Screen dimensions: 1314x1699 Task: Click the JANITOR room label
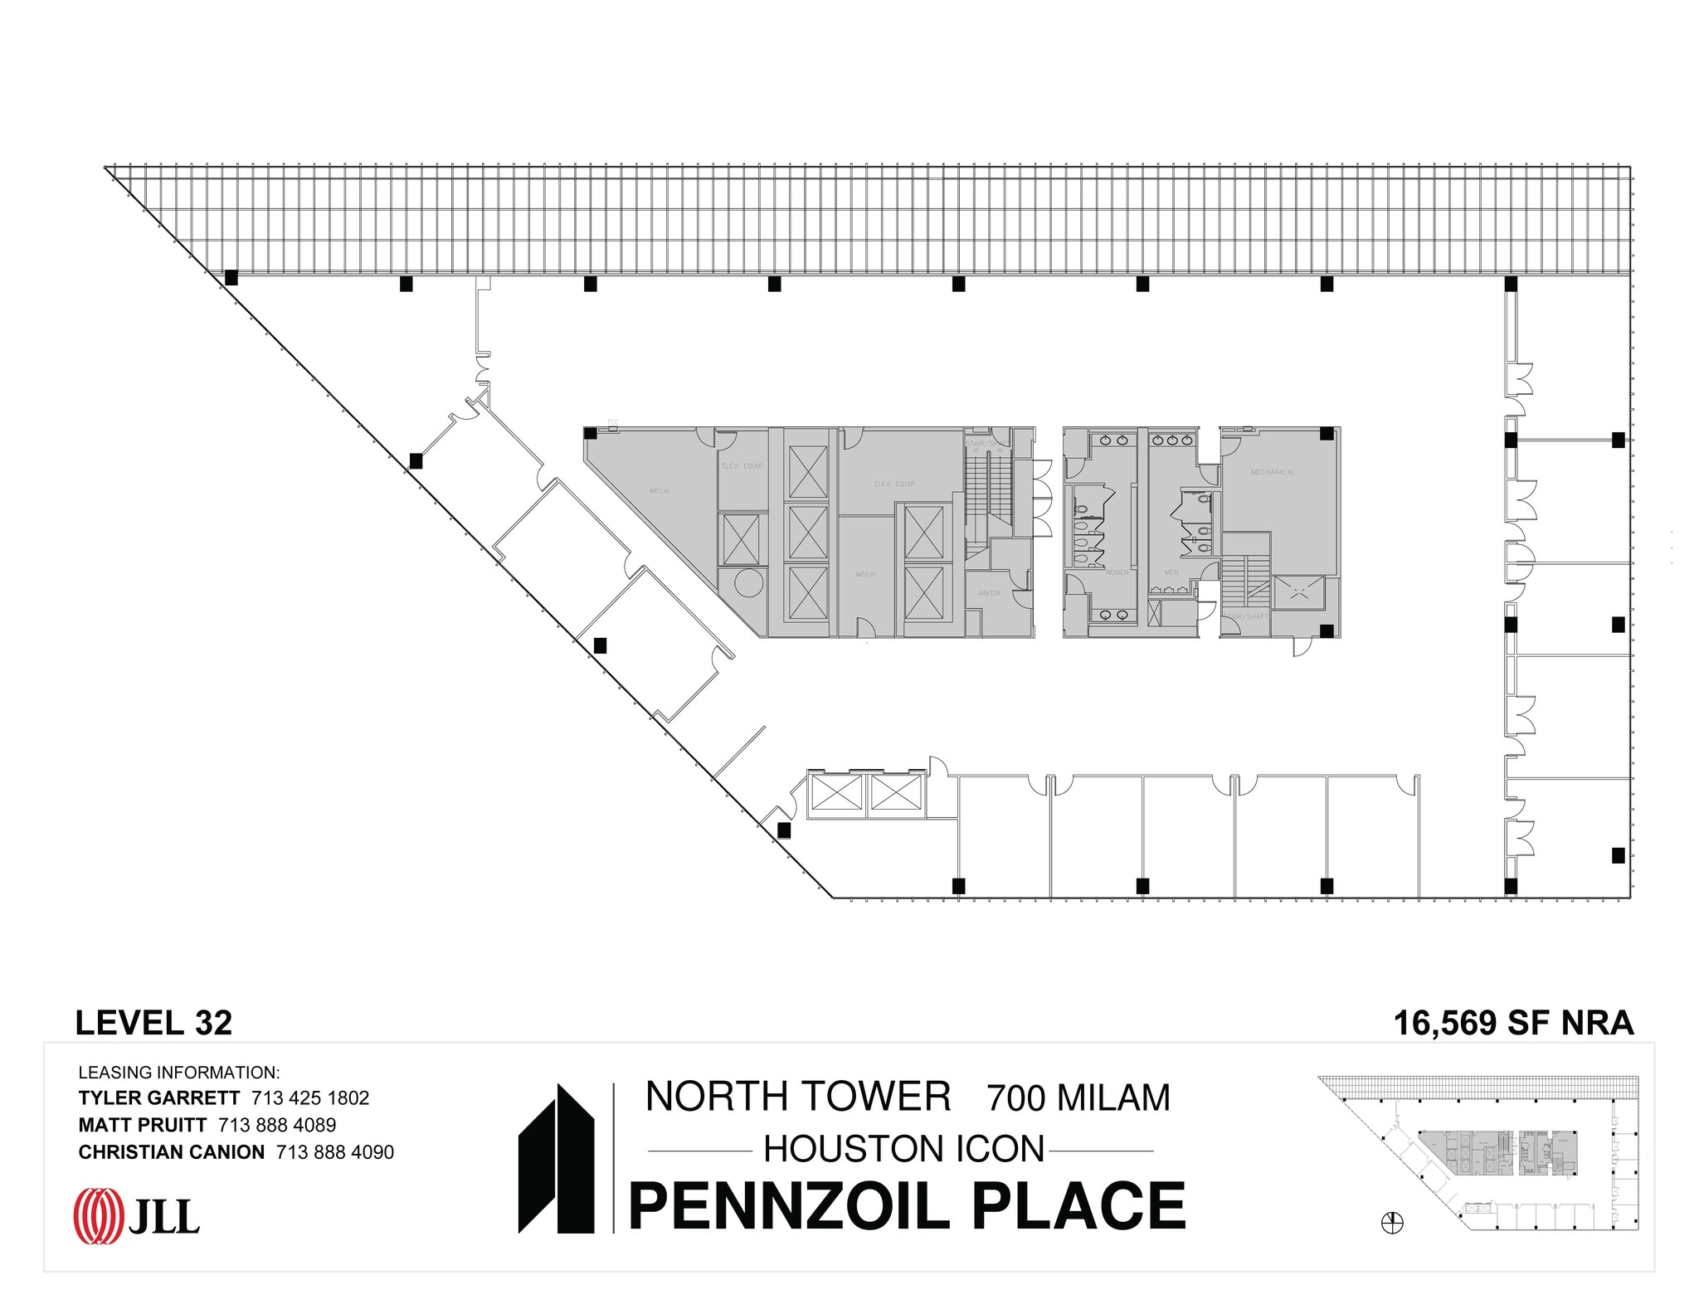(x=988, y=593)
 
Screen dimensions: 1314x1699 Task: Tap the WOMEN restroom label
(x=1117, y=572)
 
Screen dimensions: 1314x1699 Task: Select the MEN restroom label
(x=1171, y=572)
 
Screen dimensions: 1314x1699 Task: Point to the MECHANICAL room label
(x=1273, y=472)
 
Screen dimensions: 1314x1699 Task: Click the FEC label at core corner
(x=613, y=422)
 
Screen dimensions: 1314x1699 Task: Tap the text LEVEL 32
(x=153, y=1023)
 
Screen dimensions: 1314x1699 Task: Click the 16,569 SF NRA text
(x=1513, y=1023)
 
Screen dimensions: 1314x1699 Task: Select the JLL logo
(x=138, y=1217)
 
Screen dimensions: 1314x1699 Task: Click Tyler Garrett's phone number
(x=310, y=1098)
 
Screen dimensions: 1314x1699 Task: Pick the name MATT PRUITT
(x=142, y=1125)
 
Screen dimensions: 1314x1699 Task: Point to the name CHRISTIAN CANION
(x=171, y=1152)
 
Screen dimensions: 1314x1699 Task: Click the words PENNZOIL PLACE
(x=908, y=1206)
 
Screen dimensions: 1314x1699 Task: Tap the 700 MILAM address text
(x=1078, y=1098)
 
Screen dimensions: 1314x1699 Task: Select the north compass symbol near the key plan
(x=1392, y=1223)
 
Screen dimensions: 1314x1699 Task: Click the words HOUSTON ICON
(x=903, y=1150)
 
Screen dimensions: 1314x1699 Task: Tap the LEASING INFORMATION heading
(x=178, y=1073)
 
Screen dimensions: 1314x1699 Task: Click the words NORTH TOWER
(x=798, y=1097)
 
